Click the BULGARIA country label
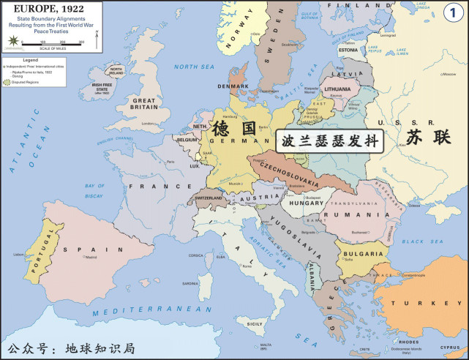(x=361, y=253)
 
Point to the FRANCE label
(x=151, y=187)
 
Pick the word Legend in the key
(x=29, y=59)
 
